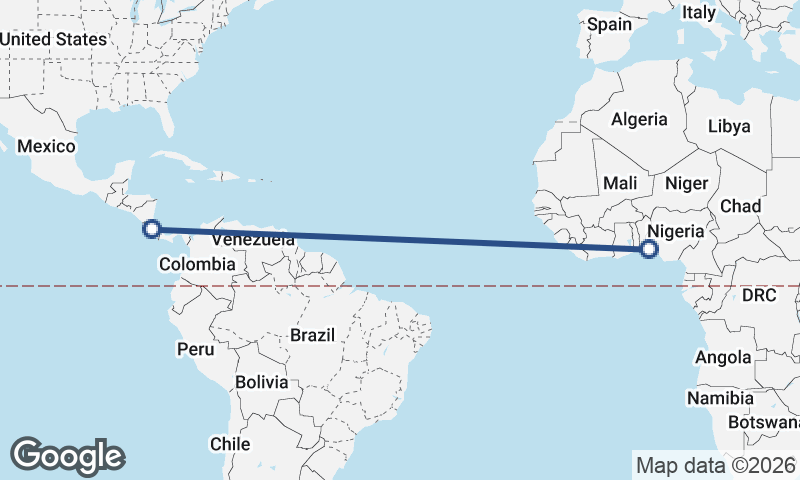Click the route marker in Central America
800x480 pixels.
click(151, 229)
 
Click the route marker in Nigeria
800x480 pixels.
click(649, 248)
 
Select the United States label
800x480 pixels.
click(53, 39)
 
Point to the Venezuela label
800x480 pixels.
click(253, 240)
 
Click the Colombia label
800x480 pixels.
click(197, 264)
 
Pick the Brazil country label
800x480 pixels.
click(312, 335)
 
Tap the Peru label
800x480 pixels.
click(195, 349)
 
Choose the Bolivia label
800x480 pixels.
click(262, 382)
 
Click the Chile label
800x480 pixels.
click(229, 443)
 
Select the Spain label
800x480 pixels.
click(610, 24)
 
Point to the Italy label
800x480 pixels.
click(699, 13)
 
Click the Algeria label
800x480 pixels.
click(639, 119)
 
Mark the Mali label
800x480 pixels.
click(620, 183)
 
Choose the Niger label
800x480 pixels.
click(686, 183)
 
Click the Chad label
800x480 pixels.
click(740, 206)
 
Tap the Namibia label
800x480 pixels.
click(718, 398)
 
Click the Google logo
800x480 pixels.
click(67, 455)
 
